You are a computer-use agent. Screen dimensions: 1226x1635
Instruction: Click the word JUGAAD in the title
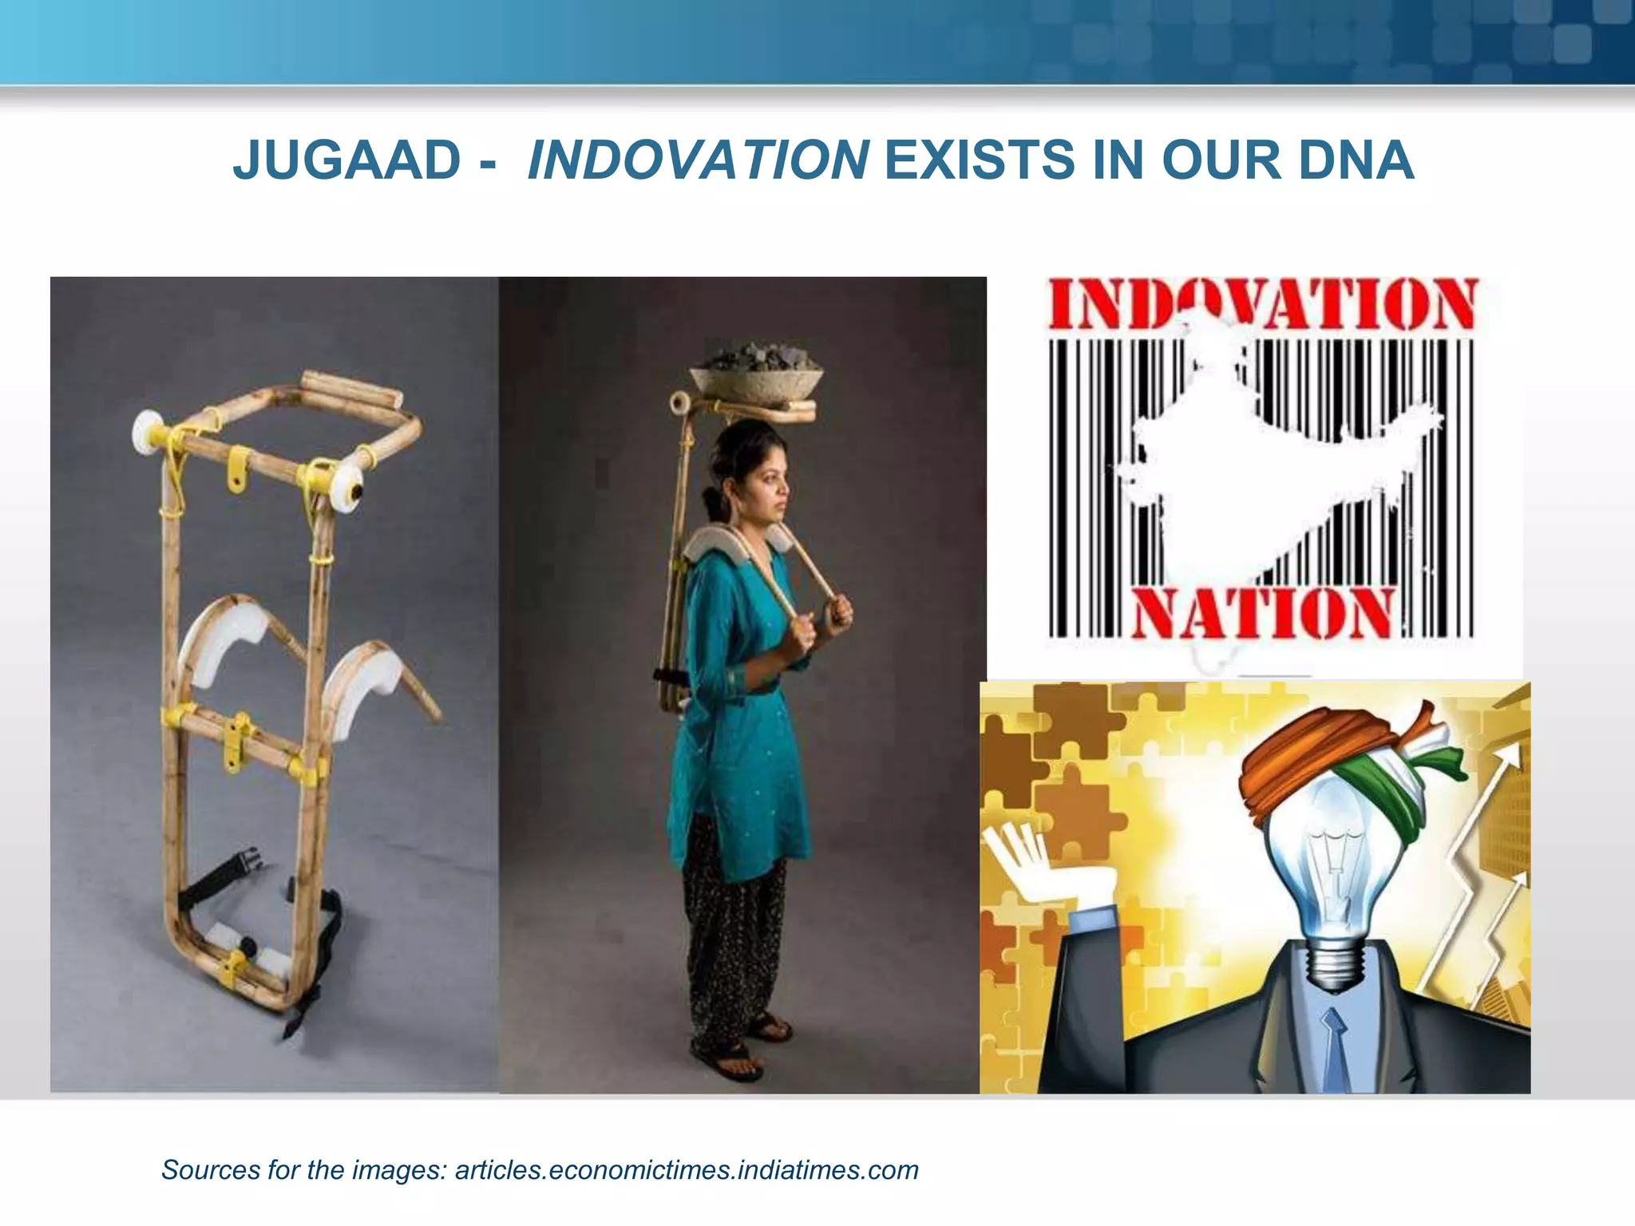tap(346, 160)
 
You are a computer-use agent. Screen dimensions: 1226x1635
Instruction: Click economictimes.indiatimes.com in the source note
tap(687, 1170)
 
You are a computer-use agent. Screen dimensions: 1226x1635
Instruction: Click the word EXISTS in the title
tap(980, 160)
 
